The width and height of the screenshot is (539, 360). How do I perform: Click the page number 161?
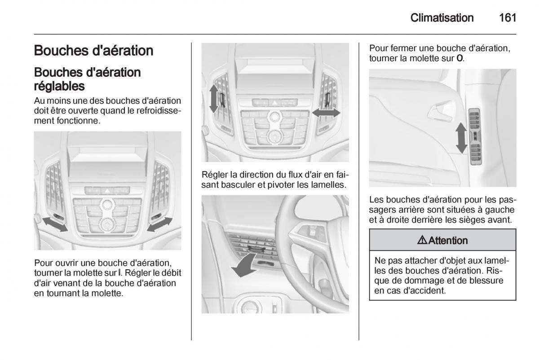(x=508, y=18)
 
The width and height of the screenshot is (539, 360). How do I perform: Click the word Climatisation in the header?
(x=442, y=18)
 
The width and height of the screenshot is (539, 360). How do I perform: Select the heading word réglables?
(x=59, y=86)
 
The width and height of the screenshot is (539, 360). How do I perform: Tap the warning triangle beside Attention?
(x=422, y=240)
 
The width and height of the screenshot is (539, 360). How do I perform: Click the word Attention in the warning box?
(x=448, y=241)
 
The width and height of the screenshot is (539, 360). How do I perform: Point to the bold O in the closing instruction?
(x=459, y=58)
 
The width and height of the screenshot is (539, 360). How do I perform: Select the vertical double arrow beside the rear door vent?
(x=461, y=138)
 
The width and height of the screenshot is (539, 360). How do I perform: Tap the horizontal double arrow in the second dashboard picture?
(x=326, y=113)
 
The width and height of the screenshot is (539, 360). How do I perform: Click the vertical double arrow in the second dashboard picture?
(x=213, y=99)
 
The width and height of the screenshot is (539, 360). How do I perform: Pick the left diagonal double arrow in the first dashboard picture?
(x=55, y=224)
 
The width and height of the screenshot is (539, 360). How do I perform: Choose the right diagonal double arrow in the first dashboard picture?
(x=160, y=224)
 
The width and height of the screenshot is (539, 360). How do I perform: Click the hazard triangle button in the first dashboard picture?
(x=107, y=191)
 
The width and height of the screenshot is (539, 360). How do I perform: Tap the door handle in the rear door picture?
(x=440, y=113)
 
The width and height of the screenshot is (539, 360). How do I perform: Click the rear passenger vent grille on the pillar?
(x=476, y=136)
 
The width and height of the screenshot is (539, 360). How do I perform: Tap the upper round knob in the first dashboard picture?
(x=107, y=205)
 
